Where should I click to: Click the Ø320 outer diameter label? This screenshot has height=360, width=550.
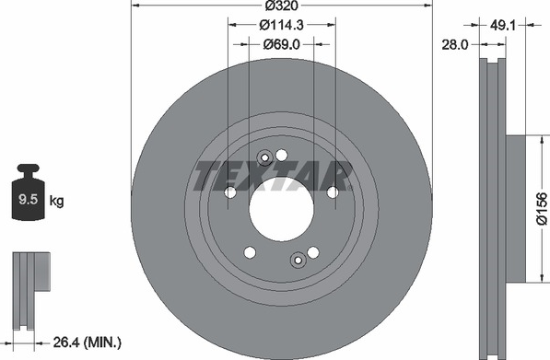point(281,6)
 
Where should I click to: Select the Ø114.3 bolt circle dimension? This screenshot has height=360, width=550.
point(281,25)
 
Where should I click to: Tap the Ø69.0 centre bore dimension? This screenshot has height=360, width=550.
point(282,44)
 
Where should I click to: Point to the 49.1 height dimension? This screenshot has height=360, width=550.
point(502,25)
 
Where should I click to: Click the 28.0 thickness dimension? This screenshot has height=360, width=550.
point(455,45)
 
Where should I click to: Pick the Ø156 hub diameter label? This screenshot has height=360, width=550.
point(542,208)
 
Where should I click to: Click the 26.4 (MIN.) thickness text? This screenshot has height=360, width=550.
point(87,343)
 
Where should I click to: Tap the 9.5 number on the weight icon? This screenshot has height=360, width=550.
point(28,200)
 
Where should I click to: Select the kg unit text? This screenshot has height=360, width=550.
point(56,201)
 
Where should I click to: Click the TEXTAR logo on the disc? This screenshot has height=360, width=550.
point(273,176)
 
